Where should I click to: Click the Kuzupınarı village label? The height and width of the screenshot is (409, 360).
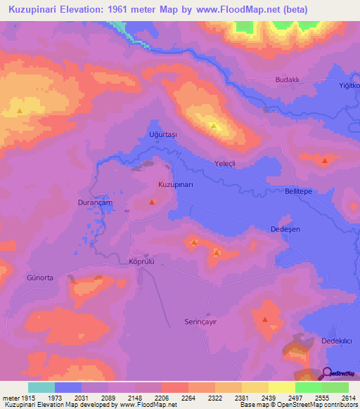(x=175, y=184)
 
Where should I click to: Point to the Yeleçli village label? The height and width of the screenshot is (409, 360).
(x=227, y=162)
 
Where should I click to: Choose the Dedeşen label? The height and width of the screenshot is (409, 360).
(x=285, y=230)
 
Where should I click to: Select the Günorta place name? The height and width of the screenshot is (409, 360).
(x=40, y=278)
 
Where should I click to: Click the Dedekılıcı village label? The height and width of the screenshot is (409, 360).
(x=336, y=341)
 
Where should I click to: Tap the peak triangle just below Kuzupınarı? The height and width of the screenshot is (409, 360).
(x=152, y=202)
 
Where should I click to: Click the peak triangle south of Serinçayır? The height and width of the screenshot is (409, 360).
(x=265, y=320)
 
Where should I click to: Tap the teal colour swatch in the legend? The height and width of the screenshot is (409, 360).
(x=41, y=387)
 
